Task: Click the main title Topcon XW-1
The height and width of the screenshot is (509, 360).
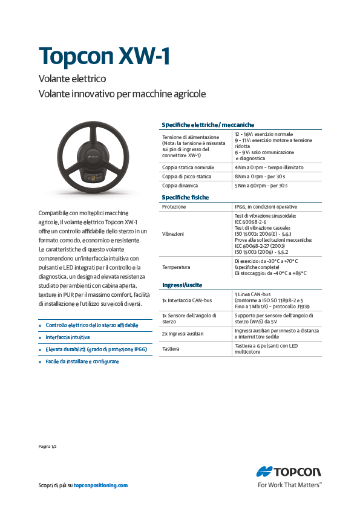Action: click(x=104, y=56)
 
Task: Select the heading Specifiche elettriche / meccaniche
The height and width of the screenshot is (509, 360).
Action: click(x=208, y=125)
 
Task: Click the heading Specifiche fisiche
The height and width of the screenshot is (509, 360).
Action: click(x=185, y=198)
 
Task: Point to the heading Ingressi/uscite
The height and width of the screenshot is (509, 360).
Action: click(x=182, y=284)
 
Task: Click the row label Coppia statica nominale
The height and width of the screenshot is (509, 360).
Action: click(x=188, y=167)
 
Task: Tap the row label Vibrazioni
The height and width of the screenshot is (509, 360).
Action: click(x=173, y=233)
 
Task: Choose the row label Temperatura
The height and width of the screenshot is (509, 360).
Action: click(x=176, y=266)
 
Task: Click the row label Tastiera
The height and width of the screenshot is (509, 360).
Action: click(x=171, y=349)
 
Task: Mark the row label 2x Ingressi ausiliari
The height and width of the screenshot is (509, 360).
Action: click(x=183, y=333)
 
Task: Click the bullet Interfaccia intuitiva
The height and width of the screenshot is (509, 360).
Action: click(x=68, y=337)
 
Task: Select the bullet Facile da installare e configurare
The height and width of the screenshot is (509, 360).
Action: click(x=82, y=361)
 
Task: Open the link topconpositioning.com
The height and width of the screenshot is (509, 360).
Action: click(x=100, y=485)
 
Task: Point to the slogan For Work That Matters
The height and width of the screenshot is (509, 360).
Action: click(x=289, y=485)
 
